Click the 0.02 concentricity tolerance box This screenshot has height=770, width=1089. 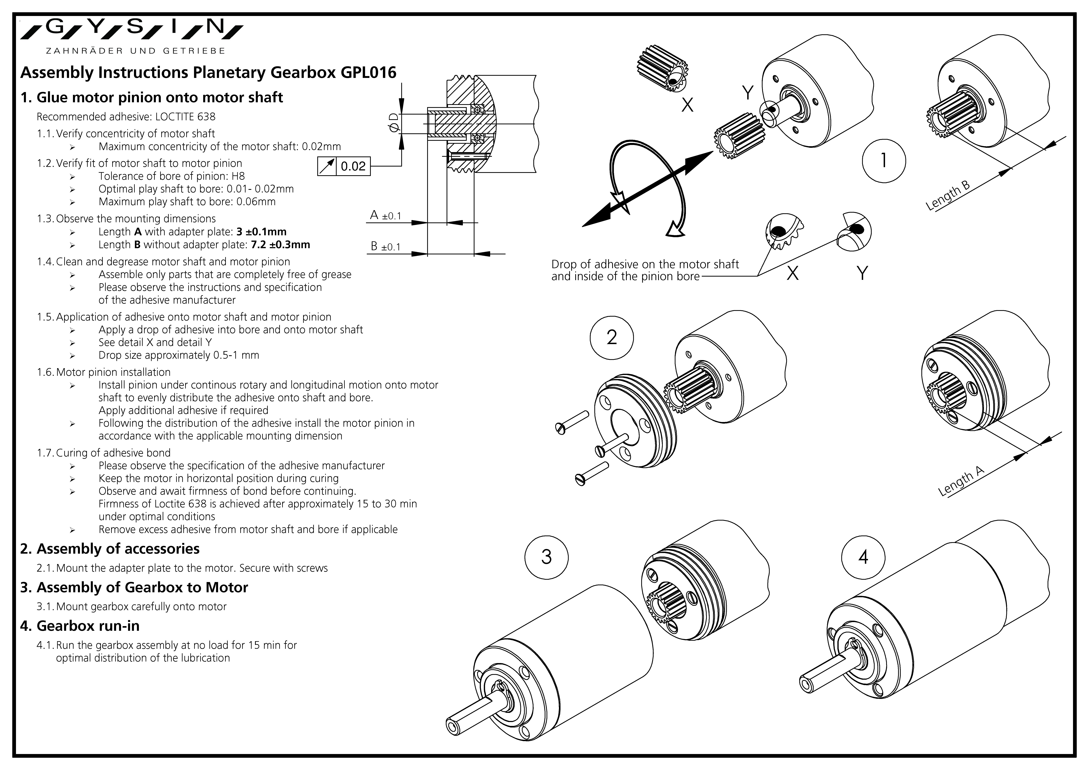click(344, 166)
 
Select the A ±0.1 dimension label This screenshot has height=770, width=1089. click(385, 216)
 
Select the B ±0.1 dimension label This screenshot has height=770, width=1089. click(385, 247)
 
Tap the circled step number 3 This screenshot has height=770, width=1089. click(546, 556)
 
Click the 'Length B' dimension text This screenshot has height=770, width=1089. click(948, 195)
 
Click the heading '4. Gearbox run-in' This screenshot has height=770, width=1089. click(80, 626)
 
